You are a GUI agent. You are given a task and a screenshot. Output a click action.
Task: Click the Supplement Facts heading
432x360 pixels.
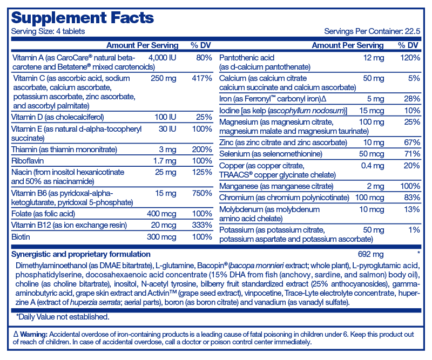click(83, 18)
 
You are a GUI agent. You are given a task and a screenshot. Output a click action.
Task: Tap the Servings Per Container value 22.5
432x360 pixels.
click(413, 31)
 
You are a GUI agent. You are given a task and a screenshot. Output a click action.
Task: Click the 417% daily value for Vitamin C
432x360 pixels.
click(202, 78)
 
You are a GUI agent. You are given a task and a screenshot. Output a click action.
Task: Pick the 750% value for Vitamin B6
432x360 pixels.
click(202, 193)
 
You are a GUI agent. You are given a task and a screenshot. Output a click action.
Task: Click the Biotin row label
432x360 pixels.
click(21, 236)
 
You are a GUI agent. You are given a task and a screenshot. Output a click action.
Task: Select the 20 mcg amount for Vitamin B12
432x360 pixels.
click(164, 225)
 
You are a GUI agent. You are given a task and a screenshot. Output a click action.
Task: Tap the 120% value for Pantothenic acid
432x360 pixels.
click(410, 58)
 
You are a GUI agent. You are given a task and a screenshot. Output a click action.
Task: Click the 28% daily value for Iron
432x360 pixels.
click(412, 99)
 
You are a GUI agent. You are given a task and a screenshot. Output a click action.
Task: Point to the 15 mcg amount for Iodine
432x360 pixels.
click(372, 111)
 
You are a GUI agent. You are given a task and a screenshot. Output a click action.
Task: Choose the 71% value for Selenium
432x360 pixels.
click(413, 154)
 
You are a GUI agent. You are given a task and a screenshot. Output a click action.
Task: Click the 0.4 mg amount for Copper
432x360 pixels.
click(373, 166)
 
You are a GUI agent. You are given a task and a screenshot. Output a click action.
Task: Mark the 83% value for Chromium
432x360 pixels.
click(412, 198)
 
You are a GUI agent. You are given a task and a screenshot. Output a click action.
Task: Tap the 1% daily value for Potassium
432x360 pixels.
click(414, 230)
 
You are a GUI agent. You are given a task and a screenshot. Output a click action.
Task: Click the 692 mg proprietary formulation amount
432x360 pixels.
click(370, 254)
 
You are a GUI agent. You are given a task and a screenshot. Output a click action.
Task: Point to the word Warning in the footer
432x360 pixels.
click(34, 335)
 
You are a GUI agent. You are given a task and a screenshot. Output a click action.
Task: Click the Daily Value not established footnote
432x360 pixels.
click(63, 317)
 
